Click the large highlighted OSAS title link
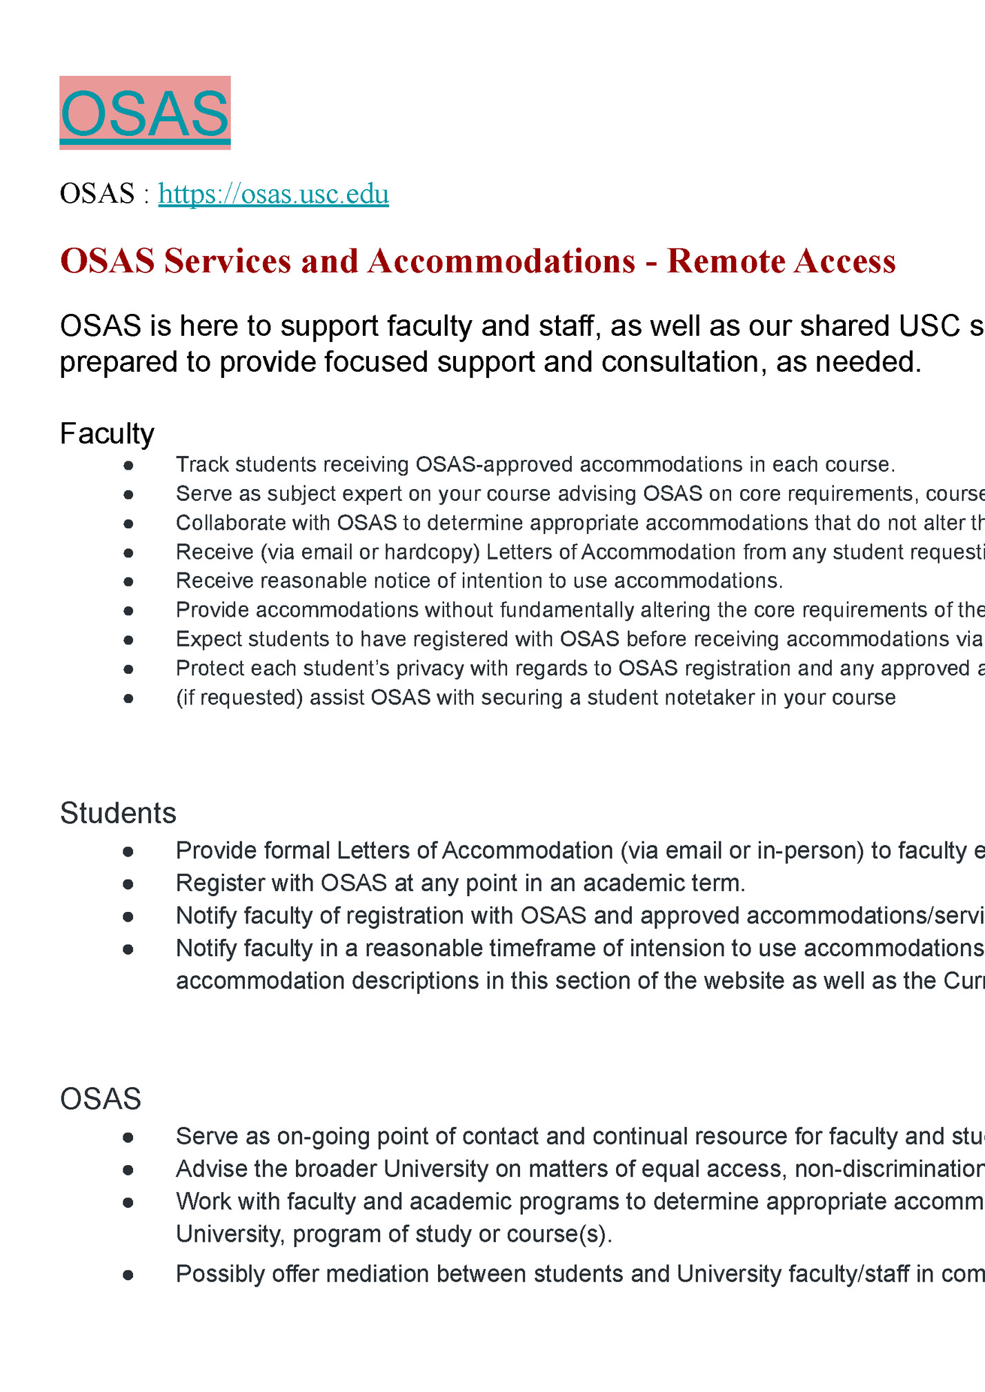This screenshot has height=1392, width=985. coord(145,113)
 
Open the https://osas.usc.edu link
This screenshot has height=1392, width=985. coord(273,194)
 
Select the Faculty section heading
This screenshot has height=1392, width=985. coord(107,434)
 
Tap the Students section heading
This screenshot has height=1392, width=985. coord(118,813)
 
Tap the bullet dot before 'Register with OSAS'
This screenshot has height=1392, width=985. coord(128,884)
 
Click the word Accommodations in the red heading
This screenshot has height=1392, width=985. coord(501,261)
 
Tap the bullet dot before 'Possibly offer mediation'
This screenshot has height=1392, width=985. coord(128,1274)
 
